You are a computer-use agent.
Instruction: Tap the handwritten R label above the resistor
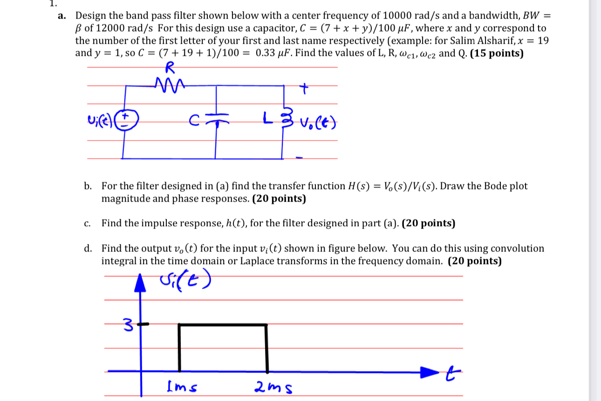170,68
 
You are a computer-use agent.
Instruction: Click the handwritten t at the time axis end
449,371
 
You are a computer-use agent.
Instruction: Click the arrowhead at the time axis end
429,372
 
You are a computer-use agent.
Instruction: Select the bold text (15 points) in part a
497,53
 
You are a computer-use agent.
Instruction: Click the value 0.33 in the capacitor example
266,53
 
